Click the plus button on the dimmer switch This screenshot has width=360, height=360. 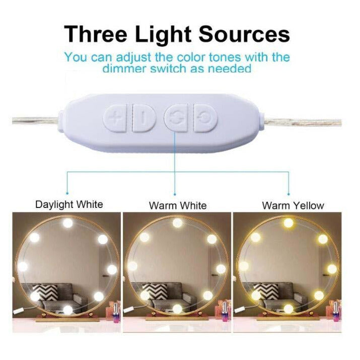tap(115, 118)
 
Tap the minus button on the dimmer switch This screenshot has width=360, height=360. tap(143, 118)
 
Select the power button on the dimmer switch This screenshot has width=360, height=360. tap(205, 118)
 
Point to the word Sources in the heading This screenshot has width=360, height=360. tap(244, 34)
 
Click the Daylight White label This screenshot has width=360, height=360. tap(69, 204)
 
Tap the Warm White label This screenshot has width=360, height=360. tap(178, 205)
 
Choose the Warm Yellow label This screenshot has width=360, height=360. tap(293, 205)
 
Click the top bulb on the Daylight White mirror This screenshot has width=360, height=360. tap(68, 223)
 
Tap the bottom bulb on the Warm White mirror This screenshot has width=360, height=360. tap(177, 309)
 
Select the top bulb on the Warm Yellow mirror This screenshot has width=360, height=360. tap(289, 223)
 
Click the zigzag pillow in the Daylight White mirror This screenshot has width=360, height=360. tap(45, 292)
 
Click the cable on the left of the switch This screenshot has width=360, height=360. tap(36, 120)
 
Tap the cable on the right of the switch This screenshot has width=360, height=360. tap(303, 122)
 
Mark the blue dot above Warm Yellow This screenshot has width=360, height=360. tap(289, 194)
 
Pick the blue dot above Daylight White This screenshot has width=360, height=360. tap(67, 193)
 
